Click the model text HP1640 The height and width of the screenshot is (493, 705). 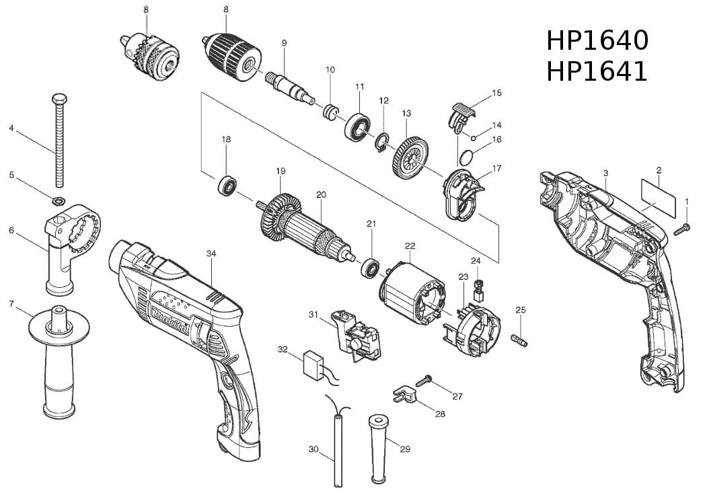597,40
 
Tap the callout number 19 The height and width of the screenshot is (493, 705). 281,172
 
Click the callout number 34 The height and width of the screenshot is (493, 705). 211,254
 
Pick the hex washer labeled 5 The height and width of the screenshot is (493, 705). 58,200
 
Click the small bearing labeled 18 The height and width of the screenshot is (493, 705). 227,185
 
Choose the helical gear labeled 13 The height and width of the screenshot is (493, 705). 410,157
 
